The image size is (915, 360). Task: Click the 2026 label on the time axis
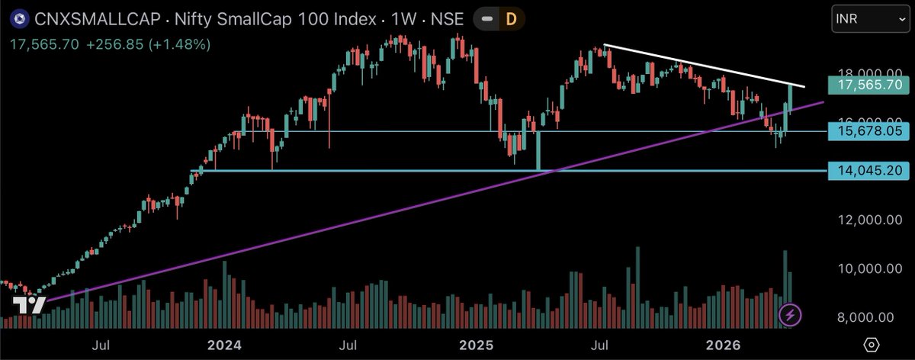point(724,346)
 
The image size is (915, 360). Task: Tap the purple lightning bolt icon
point(790,314)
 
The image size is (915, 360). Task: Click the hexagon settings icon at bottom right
point(872,346)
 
